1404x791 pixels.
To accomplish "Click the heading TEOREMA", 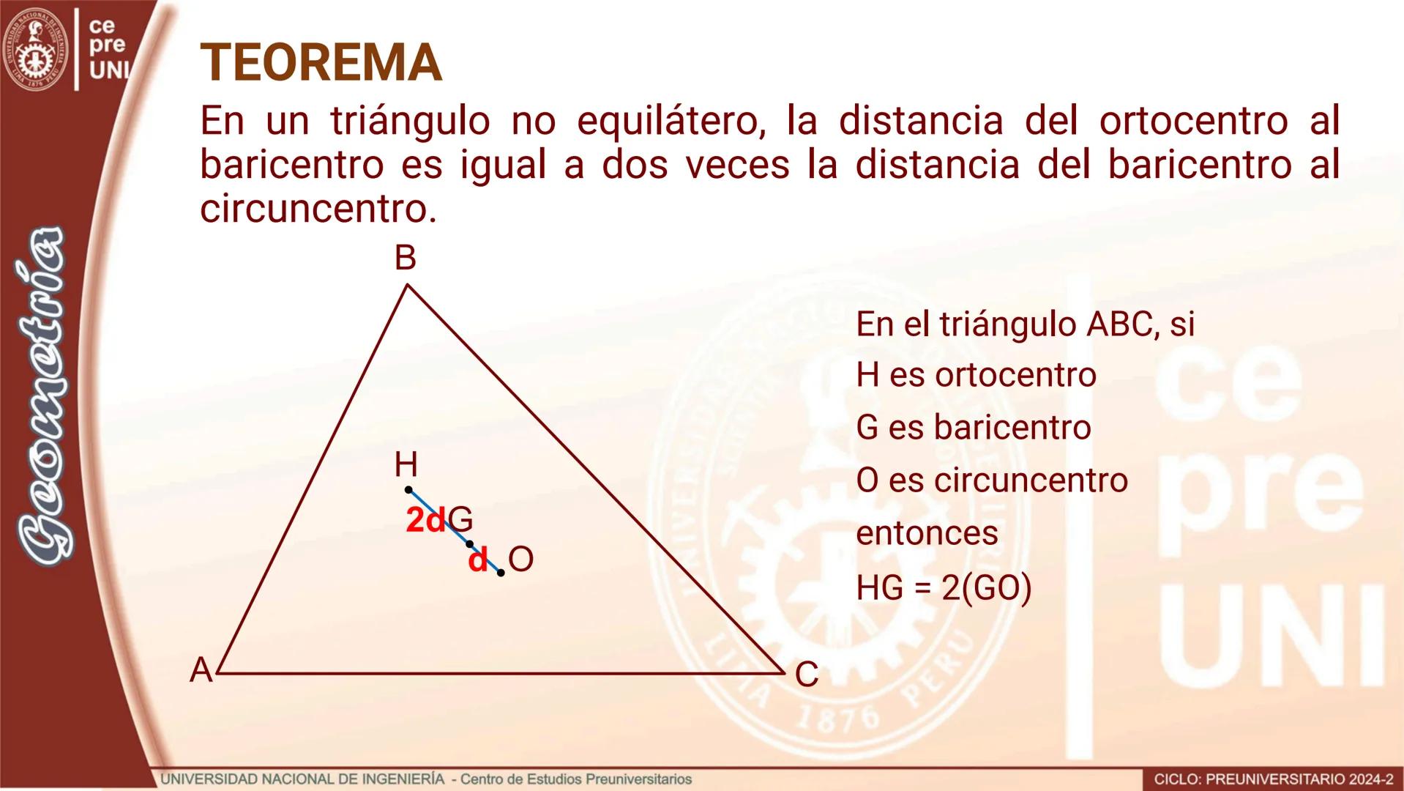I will [x=321, y=63].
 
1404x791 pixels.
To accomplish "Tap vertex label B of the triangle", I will [x=405, y=259].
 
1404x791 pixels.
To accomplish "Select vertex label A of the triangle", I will [x=201, y=670].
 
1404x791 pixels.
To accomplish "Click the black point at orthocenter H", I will [x=408, y=489].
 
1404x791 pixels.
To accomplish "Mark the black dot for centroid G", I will [x=469, y=544].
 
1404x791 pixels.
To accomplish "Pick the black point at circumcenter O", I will [x=501, y=573].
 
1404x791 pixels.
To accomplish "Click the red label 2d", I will [x=425, y=521].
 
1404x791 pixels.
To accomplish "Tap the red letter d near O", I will [x=477, y=561].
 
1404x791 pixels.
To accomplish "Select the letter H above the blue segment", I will [x=406, y=464].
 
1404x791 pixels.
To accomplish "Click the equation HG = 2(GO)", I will [x=944, y=587].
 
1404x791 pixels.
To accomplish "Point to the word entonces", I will [x=927, y=533].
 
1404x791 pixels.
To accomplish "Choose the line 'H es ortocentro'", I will [x=976, y=376].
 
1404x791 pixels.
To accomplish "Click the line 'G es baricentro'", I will [x=973, y=428].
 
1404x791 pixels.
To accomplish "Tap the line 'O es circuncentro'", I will [x=992, y=480].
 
